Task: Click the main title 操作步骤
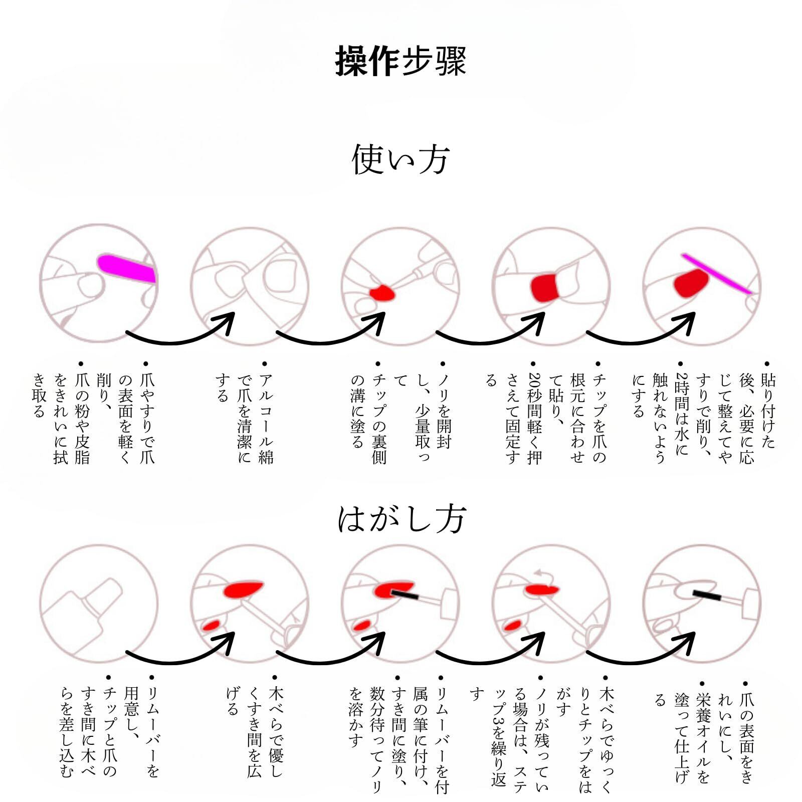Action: (400, 61)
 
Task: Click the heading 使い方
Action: (400, 159)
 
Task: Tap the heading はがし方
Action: (402, 519)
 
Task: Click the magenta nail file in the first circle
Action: (126, 268)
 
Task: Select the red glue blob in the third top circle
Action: (381, 293)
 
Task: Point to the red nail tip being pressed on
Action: (544, 287)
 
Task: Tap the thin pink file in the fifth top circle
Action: (717, 273)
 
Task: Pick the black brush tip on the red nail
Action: (405, 595)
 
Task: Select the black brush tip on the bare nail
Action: (707, 595)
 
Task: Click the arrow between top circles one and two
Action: (180, 331)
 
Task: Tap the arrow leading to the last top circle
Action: (642, 331)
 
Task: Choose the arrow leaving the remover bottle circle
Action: (180, 652)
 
